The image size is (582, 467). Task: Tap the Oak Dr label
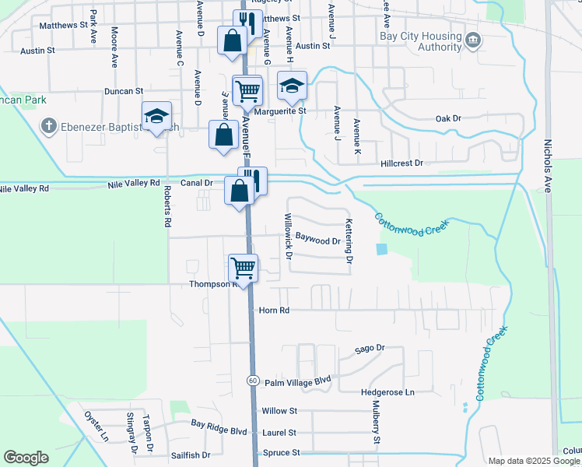pos(448,119)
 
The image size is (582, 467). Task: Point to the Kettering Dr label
pos(349,241)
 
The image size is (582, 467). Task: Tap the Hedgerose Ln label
pos(387,392)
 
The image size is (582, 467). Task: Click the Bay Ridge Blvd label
pos(219,430)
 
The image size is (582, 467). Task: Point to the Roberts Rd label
pos(167,205)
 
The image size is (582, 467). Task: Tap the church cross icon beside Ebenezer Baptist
pos(48,125)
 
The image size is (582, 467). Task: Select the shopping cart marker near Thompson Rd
pos(244,269)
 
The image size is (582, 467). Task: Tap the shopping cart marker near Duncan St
pos(247,90)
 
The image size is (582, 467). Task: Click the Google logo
pos(26,458)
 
